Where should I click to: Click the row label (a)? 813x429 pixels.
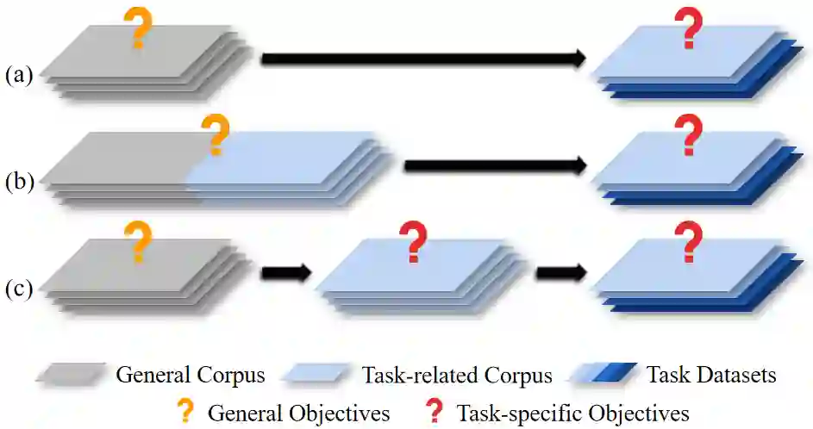19,76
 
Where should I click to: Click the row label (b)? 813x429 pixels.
19,183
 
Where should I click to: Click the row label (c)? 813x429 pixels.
19,287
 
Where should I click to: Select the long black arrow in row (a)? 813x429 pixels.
423,59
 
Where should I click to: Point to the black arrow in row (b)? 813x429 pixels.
495,165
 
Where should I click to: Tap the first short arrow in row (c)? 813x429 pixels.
285,272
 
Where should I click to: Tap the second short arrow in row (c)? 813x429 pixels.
560,272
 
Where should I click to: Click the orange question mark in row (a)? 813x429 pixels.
137,28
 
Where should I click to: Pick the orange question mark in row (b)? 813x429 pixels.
215,136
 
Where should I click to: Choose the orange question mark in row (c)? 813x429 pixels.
136,241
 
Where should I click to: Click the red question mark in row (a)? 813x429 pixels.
688,28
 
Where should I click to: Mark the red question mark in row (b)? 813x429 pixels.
688,135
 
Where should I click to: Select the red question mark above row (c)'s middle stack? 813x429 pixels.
415,241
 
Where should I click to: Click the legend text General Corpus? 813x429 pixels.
191,376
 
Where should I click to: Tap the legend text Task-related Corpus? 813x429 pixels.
457,376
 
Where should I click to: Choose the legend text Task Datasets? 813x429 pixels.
711,376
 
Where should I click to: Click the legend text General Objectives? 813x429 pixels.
298,413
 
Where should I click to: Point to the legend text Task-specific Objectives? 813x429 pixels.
572,413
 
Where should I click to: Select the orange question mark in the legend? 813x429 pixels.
184,412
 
